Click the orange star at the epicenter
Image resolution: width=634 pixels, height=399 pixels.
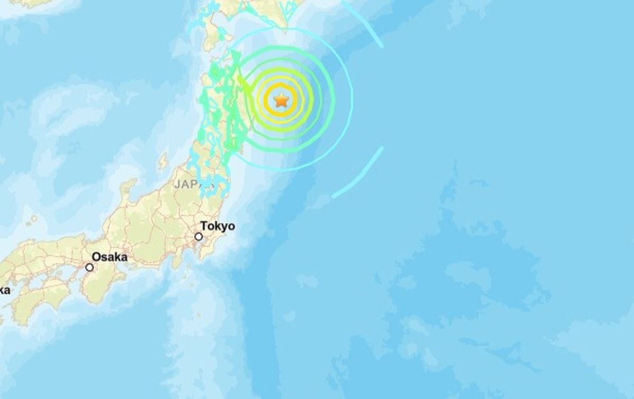click(281, 99)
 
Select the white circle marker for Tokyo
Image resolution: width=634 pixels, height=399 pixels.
click(199, 236)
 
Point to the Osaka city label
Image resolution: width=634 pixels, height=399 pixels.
click(109, 257)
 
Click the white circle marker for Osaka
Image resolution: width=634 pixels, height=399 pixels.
click(90, 268)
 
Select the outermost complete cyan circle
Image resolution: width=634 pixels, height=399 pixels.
click(352, 100)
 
